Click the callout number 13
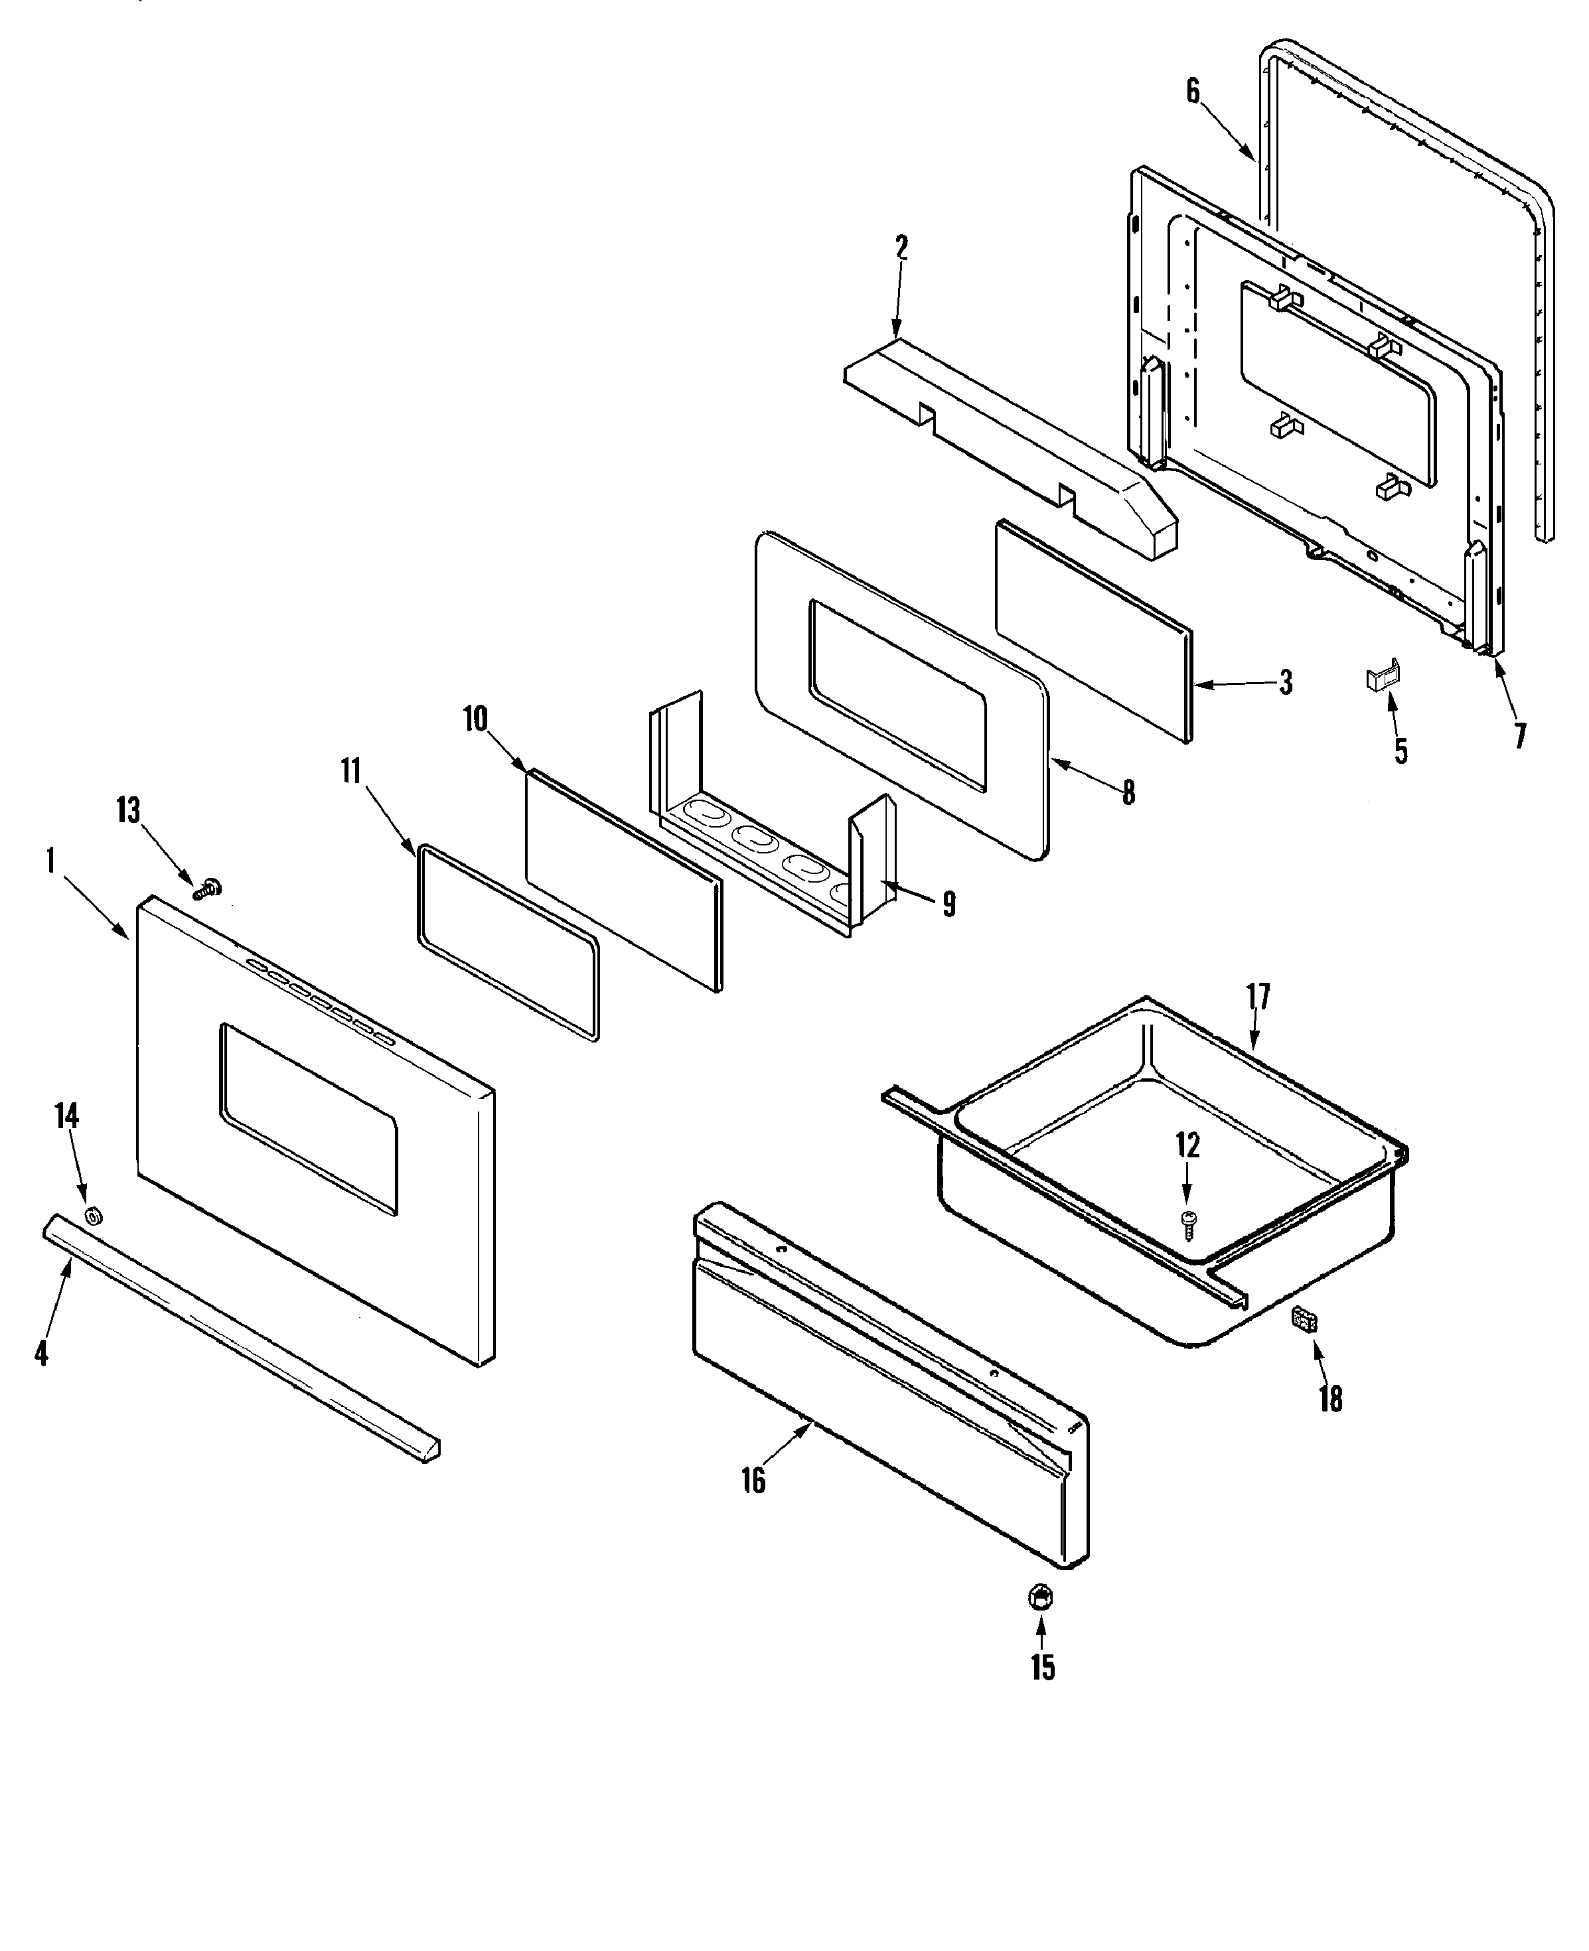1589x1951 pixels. pos(129,811)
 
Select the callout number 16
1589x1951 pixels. pos(753,1481)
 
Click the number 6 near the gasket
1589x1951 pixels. pos(1193,92)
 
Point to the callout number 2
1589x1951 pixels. pos(901,248)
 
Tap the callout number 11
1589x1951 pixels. pos(352,771)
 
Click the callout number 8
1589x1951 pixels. pos(1128,792)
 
